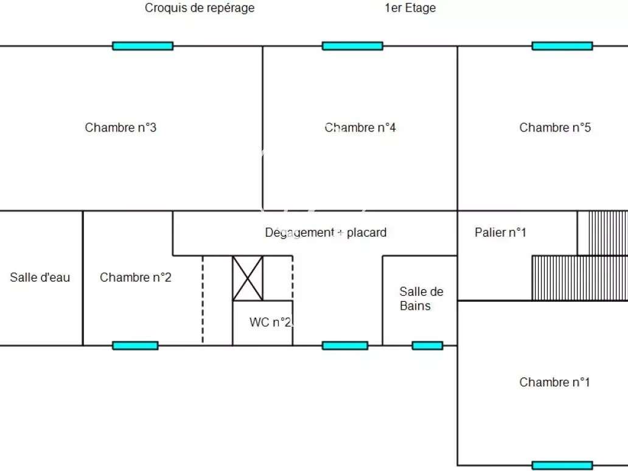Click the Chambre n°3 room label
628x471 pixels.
[120, 127]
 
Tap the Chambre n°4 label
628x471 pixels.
[360, 127]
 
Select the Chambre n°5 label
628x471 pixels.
[555, 127]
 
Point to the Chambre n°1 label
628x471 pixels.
[555, 382]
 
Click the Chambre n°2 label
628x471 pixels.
[135, 277]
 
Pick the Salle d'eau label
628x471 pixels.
[40, 277]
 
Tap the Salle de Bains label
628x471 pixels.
[421, 298]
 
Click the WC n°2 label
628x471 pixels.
[271, 322]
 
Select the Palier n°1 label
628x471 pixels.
[500, 232]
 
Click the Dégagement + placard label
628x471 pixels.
[326, 232]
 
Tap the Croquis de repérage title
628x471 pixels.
[200, 8]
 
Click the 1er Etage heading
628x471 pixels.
[410, 8]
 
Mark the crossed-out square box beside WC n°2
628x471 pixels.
[248, 278]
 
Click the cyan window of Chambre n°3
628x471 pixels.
[142, 46]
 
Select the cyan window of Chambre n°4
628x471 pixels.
[352, 46]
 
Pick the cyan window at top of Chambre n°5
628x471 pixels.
[562, 46]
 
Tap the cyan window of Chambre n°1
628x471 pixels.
[562, 466]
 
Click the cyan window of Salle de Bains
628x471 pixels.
[427, 345]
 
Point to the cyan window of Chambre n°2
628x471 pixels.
[135, 345]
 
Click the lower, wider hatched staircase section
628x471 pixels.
[579, 278]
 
